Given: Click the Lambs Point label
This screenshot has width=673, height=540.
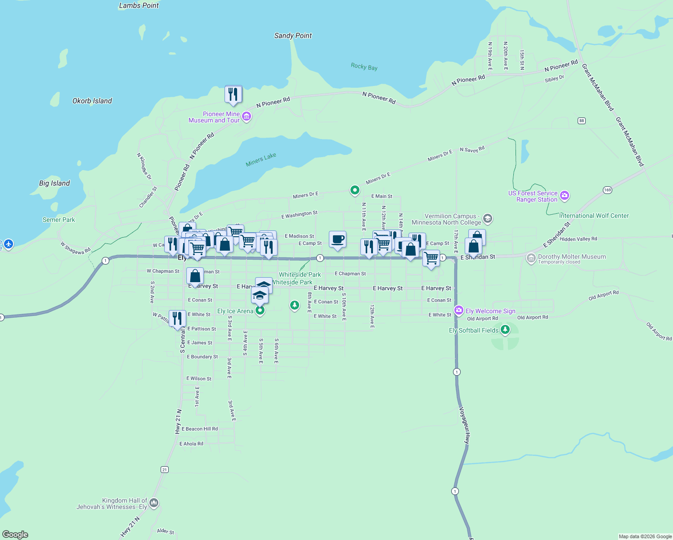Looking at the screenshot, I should pos(139,6).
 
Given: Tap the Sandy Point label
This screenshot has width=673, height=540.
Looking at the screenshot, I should pos(293,36).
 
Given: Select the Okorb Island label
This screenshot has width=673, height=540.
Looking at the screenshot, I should pos(92,101).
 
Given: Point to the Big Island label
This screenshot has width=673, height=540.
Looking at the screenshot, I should pos(54,183).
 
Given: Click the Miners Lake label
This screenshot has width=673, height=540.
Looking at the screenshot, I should pos(261,159).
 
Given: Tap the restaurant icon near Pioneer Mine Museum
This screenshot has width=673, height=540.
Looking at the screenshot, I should pos(233,94).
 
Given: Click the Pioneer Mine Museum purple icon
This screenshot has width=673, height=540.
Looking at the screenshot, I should pos(247,117).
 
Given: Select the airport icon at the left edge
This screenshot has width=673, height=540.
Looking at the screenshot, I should pos(9,244).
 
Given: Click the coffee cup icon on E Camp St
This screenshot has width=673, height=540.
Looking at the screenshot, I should pos(337,239).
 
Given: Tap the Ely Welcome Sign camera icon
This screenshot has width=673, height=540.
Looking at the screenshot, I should pos(459,310).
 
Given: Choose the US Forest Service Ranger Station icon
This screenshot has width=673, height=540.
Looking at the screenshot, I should pos(565,196).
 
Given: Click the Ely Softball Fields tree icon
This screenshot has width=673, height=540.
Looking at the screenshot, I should pos(505,330).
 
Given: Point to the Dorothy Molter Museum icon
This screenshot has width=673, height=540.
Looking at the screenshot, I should pos(531,258).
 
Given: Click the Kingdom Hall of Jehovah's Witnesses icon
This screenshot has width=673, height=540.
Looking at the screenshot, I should pos(154,503).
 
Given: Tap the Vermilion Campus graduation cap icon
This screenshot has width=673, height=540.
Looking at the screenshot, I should pos(488,219).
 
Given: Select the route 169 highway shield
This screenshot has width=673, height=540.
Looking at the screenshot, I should pos(608,190).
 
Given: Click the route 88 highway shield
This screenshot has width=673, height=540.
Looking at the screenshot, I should pos(582,121).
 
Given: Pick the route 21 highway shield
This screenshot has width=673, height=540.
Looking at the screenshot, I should pos(165,469).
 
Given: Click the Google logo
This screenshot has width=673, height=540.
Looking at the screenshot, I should pos(15,534).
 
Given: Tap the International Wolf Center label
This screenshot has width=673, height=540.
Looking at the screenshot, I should pos(594,216).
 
